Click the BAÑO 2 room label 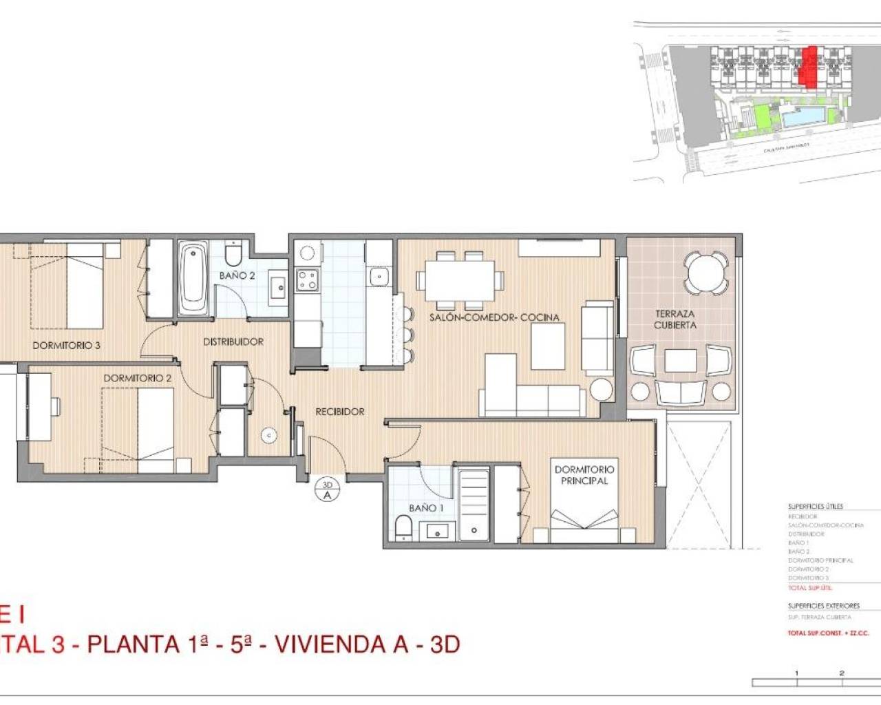pos(237,275)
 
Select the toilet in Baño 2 pos(233,254)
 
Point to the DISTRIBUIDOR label pos(233,341)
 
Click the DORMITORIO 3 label pos(66,345)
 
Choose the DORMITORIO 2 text pos(137,378)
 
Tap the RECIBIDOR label pos(340,412)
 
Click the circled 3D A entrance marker pos(328,490)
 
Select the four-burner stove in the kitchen pos(307,279)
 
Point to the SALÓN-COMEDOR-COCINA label pos(494,317)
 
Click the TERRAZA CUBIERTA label pos(675,319)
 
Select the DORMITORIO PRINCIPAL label pos(584,475)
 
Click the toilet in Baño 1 pos(403,528)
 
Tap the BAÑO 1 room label pos(426,508)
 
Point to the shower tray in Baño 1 pos(474,503)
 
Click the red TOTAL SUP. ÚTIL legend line pos(810,588)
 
